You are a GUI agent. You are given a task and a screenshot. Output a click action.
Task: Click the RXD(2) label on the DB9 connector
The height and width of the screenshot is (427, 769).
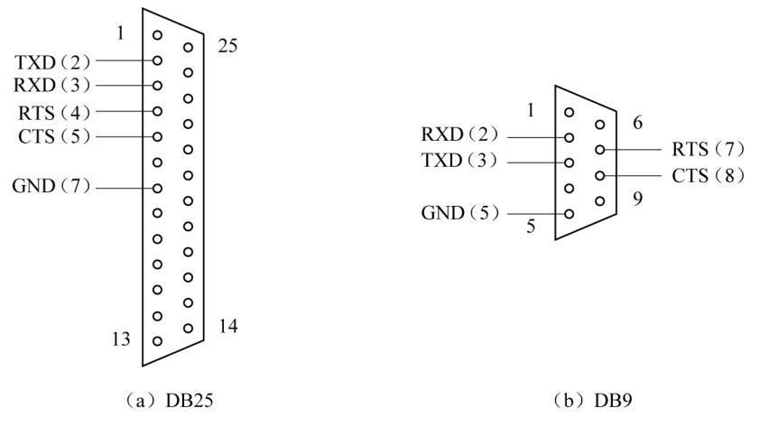tap(460, 136)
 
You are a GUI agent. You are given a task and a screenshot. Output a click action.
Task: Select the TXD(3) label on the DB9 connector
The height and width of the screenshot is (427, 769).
tap(460, 162)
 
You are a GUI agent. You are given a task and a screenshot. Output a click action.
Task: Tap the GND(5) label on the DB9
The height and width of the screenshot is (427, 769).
tap(460, 214)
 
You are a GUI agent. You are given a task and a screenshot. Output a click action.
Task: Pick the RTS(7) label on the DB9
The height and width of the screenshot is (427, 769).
tap(709, 149)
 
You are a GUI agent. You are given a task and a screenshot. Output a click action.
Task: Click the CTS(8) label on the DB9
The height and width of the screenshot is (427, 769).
tap(709, 175)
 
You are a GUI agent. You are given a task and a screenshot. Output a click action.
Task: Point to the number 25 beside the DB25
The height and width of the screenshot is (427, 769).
tap(228, 45)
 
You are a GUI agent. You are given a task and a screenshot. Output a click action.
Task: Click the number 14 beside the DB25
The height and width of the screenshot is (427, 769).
tap(228, 326)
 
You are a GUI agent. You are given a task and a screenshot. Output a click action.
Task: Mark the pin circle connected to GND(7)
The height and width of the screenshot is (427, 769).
tap(158, 188)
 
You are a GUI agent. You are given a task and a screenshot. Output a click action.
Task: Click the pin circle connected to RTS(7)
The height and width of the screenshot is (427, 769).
tap(599, 150)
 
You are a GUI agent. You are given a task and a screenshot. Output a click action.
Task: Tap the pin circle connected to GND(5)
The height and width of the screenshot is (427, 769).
tap(570, 214)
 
